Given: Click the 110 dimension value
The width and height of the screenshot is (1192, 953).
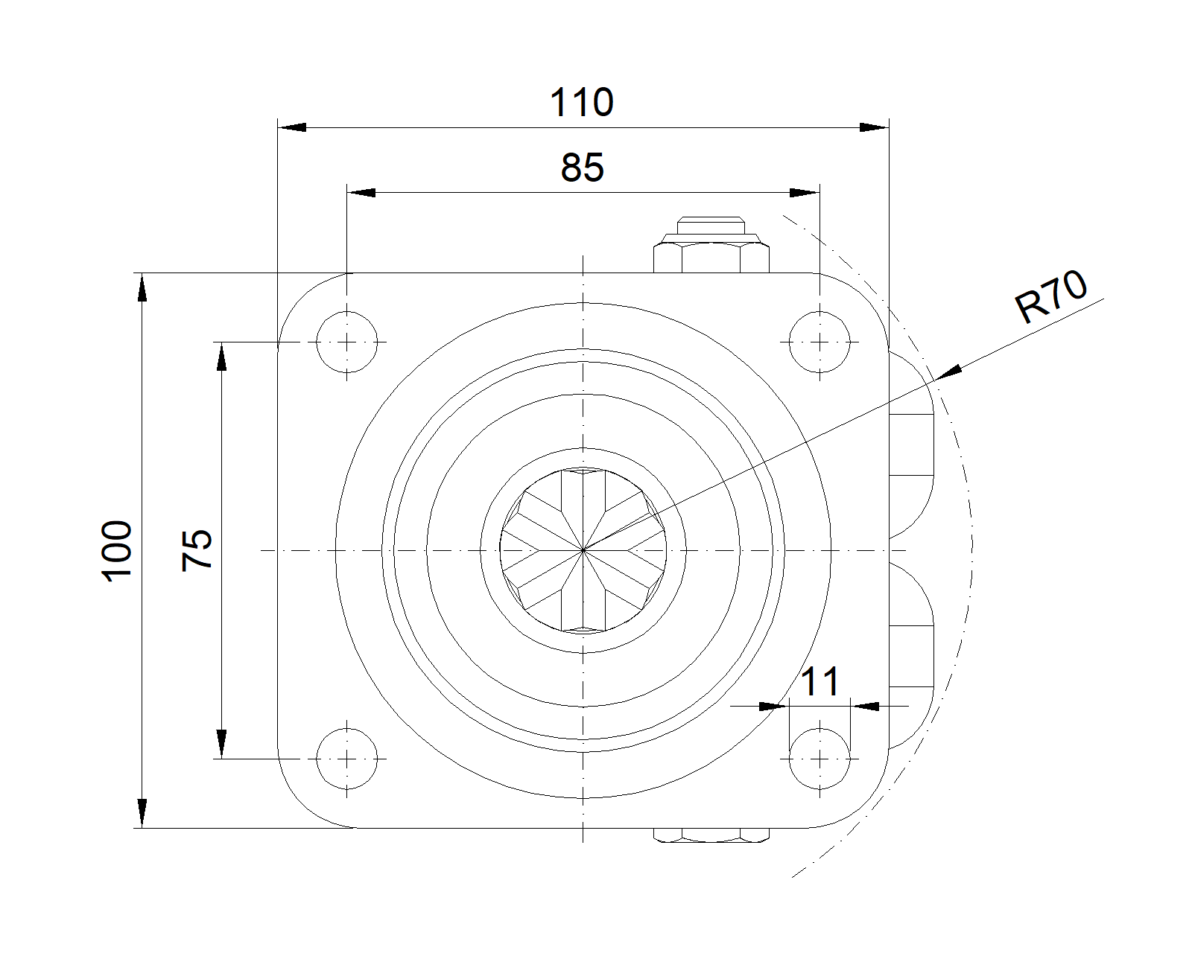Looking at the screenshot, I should coord(582,103).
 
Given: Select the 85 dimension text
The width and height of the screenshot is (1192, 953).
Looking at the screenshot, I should coord(582,168).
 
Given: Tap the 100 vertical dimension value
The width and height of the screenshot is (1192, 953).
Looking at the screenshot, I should coord(118,551).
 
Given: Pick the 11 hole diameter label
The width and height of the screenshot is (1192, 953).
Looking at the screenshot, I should coord(820,681).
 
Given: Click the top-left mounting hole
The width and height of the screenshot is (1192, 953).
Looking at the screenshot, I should coord(347,342).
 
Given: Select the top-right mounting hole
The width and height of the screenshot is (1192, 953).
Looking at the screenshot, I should coord(819,342).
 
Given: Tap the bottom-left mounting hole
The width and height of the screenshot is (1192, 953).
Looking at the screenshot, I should coord(347,759).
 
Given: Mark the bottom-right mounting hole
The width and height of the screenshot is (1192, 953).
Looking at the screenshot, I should coord(819,759).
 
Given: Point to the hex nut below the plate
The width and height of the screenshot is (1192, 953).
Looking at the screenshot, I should coord(711,835).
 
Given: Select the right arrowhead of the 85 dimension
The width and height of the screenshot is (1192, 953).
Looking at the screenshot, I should coord(805,194).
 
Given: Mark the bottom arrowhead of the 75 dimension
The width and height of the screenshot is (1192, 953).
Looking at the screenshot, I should coord(221,744).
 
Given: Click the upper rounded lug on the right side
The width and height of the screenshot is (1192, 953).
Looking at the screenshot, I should coord(911,444).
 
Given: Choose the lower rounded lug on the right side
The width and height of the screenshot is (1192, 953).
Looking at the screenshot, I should coord(911,655).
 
